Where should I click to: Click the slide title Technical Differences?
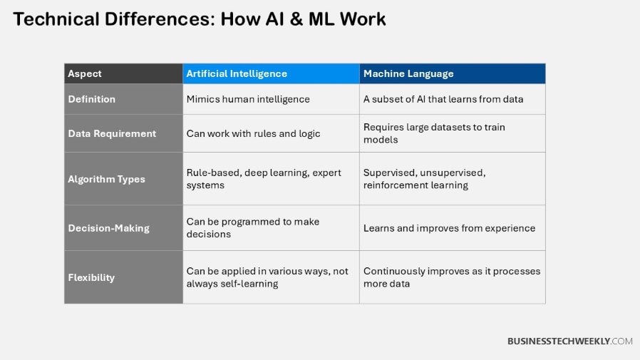(200, 19)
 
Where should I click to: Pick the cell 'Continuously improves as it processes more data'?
(452, 277)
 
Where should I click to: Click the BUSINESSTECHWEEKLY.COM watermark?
(569, 341)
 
